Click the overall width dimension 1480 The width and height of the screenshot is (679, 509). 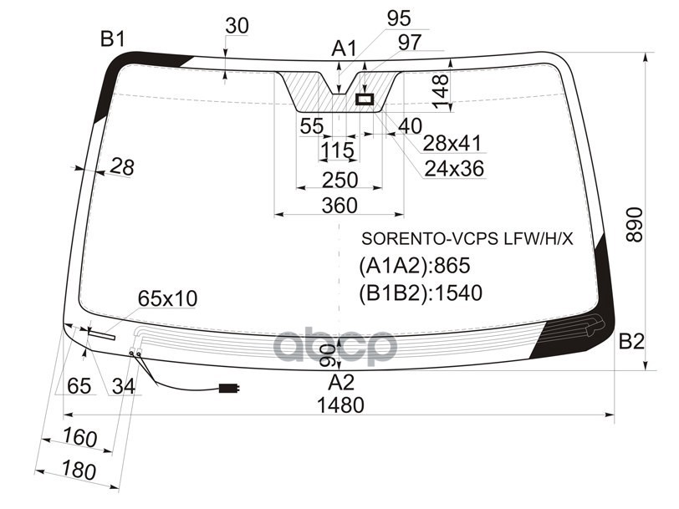pos(340,405)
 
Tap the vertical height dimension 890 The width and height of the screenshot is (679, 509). pos(635,224)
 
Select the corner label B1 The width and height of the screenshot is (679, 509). pos(113,39)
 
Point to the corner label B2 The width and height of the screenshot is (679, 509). pos(631,342)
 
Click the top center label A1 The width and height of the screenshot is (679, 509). pos(344,48)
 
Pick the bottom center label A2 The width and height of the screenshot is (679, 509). pos(341,383)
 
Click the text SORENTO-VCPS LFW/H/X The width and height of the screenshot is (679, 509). pos(467,238)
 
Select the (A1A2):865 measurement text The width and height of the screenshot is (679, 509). pos(415,265)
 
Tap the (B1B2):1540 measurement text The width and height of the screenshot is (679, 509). pos(421,293)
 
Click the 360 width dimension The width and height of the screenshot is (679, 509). pos(339,205)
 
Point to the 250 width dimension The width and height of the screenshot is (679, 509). pos(339,180)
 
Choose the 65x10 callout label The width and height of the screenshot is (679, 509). pos(167,298)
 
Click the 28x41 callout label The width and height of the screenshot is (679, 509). pos(452,143)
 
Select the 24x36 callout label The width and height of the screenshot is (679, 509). pos(454,168)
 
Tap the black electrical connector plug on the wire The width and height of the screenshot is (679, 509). pos(228,389)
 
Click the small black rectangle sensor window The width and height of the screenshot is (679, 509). pos(365,99)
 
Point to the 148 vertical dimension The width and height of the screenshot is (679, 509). pos(442,92)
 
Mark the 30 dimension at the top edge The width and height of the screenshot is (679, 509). pos(237,26)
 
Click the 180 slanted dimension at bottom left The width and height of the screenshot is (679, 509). pos(79,470)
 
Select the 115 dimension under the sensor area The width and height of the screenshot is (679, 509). pos(338,150)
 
